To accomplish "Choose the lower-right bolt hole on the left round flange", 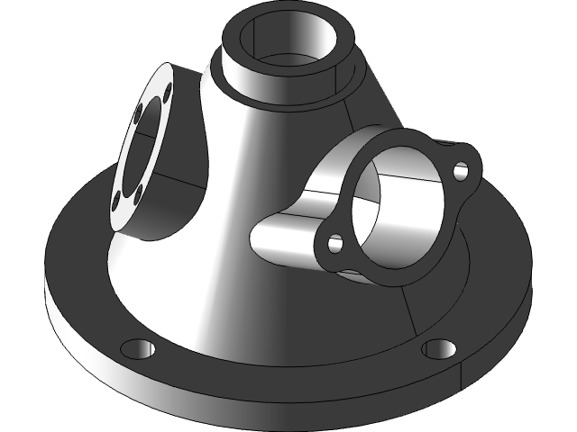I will [x=140, y=190].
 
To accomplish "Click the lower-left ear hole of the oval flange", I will [x=335, y=243].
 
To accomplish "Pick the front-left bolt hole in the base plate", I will [x=134, y=347].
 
